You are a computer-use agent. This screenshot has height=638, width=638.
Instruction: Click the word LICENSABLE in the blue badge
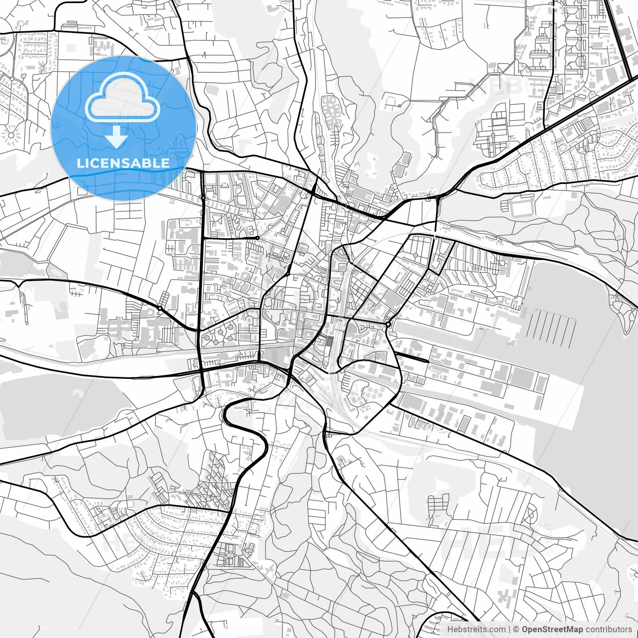123,163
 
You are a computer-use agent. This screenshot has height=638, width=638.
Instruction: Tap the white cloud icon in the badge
123,98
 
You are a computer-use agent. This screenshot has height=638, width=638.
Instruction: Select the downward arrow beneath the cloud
117,137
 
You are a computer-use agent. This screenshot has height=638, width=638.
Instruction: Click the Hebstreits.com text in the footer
476,630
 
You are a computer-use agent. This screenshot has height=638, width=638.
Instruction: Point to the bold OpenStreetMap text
552,630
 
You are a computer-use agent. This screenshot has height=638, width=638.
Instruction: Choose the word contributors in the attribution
609,630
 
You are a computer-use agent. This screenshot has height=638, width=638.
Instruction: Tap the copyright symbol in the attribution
516,630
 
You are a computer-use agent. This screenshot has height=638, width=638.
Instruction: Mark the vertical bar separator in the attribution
508,630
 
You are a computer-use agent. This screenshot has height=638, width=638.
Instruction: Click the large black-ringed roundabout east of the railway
388,324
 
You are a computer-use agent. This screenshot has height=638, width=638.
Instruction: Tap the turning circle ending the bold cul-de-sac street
257,238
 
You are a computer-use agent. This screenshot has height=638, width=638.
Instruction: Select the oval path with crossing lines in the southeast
531,513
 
